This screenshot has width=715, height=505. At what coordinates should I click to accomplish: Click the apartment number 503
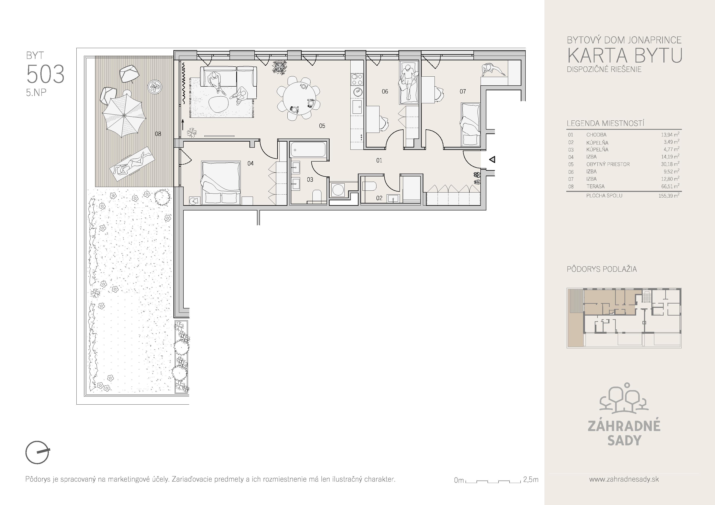point(45,74)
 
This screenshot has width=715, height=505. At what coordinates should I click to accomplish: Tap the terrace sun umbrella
point(124,116)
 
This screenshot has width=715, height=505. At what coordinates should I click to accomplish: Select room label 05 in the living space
point(322,126)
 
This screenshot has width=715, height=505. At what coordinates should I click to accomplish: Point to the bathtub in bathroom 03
point(308,150)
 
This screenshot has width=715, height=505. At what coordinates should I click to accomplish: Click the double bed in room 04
point(221,183)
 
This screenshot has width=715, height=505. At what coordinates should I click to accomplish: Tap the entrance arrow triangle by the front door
point(492,160)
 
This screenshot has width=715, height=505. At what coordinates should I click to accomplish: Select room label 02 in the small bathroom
point(379,198)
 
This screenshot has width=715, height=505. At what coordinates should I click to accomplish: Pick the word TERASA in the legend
point(595,186)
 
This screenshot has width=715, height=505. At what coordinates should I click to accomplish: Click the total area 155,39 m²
point(669,196)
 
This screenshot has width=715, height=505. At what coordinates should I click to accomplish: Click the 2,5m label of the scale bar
point(531,480)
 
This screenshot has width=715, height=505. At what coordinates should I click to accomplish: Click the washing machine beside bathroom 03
point(338,190)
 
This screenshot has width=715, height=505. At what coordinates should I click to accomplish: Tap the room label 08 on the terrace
point(158,134)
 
